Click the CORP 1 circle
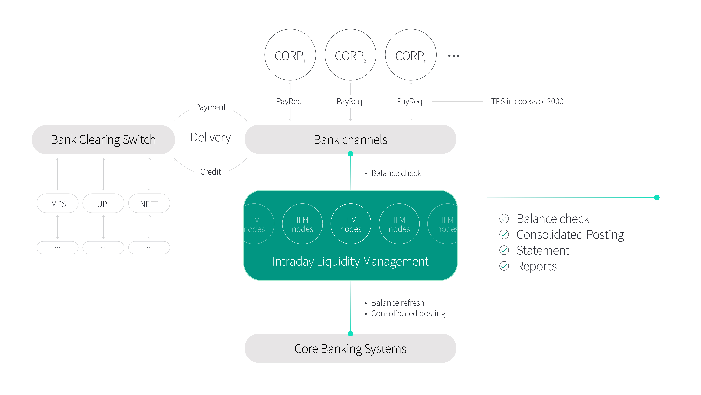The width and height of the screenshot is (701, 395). (290, 55)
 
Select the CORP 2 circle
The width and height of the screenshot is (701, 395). (350, 55)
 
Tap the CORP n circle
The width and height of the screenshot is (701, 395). (411, 55)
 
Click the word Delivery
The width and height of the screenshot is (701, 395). (211, 137)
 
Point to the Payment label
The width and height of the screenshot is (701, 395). (211, 107)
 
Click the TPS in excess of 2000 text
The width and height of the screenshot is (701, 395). (527, 101)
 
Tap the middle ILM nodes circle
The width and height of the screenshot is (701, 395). (351, 224)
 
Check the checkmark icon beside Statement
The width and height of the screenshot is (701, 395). (504, 250)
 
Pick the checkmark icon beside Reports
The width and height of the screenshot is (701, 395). (504, 266)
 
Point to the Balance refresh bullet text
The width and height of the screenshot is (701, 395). (398, 303)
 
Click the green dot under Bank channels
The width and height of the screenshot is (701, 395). (350, 154)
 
